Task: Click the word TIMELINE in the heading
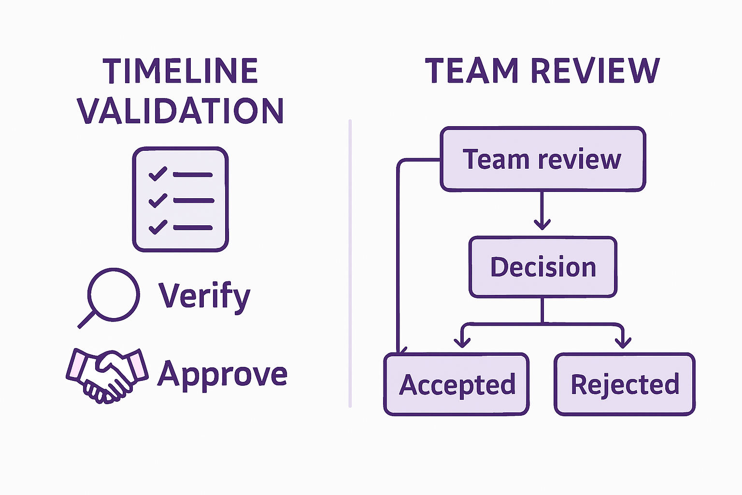180,71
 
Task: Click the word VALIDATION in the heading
180,111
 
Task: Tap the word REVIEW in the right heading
595,71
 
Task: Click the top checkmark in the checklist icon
157,174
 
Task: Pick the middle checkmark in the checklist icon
157,200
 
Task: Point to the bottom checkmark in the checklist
157,227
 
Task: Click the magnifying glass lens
114,294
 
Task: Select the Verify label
204,295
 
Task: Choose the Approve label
222,374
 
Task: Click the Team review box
542,160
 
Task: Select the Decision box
543,267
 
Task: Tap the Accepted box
457,384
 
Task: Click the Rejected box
625,384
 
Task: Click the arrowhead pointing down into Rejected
623,342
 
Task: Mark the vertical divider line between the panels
350,263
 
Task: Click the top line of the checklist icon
193,175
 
